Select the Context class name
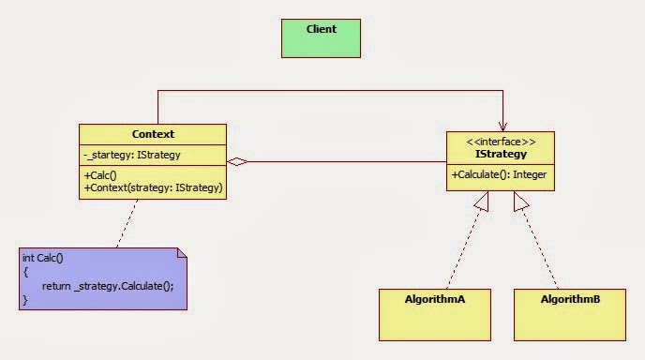pyautogui.click(x=152, y=135)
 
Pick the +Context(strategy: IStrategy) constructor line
pyautogui.click(x=153, y=187)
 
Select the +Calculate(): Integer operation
pyautogui.click(x=500, y=174)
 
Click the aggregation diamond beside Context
pyautogui.click(x=238, y=162)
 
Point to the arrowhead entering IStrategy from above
pyautogui.click(x=502, y=127)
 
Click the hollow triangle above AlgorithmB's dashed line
pyautogui.click(x=521, y=200)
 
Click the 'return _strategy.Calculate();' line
pyautogui.click(x=108, y=285)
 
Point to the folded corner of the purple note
pyautogui.click(x=180, y=255)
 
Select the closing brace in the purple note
pyautogui.click(x=25, y=299)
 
